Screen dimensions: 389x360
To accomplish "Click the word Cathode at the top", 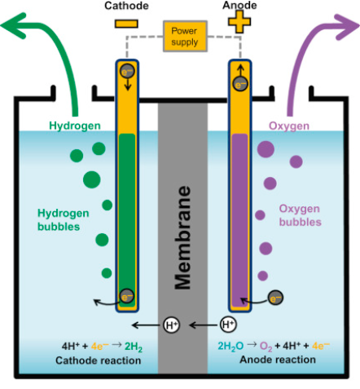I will point(125,6).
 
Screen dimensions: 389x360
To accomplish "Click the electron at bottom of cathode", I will point(125,296).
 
